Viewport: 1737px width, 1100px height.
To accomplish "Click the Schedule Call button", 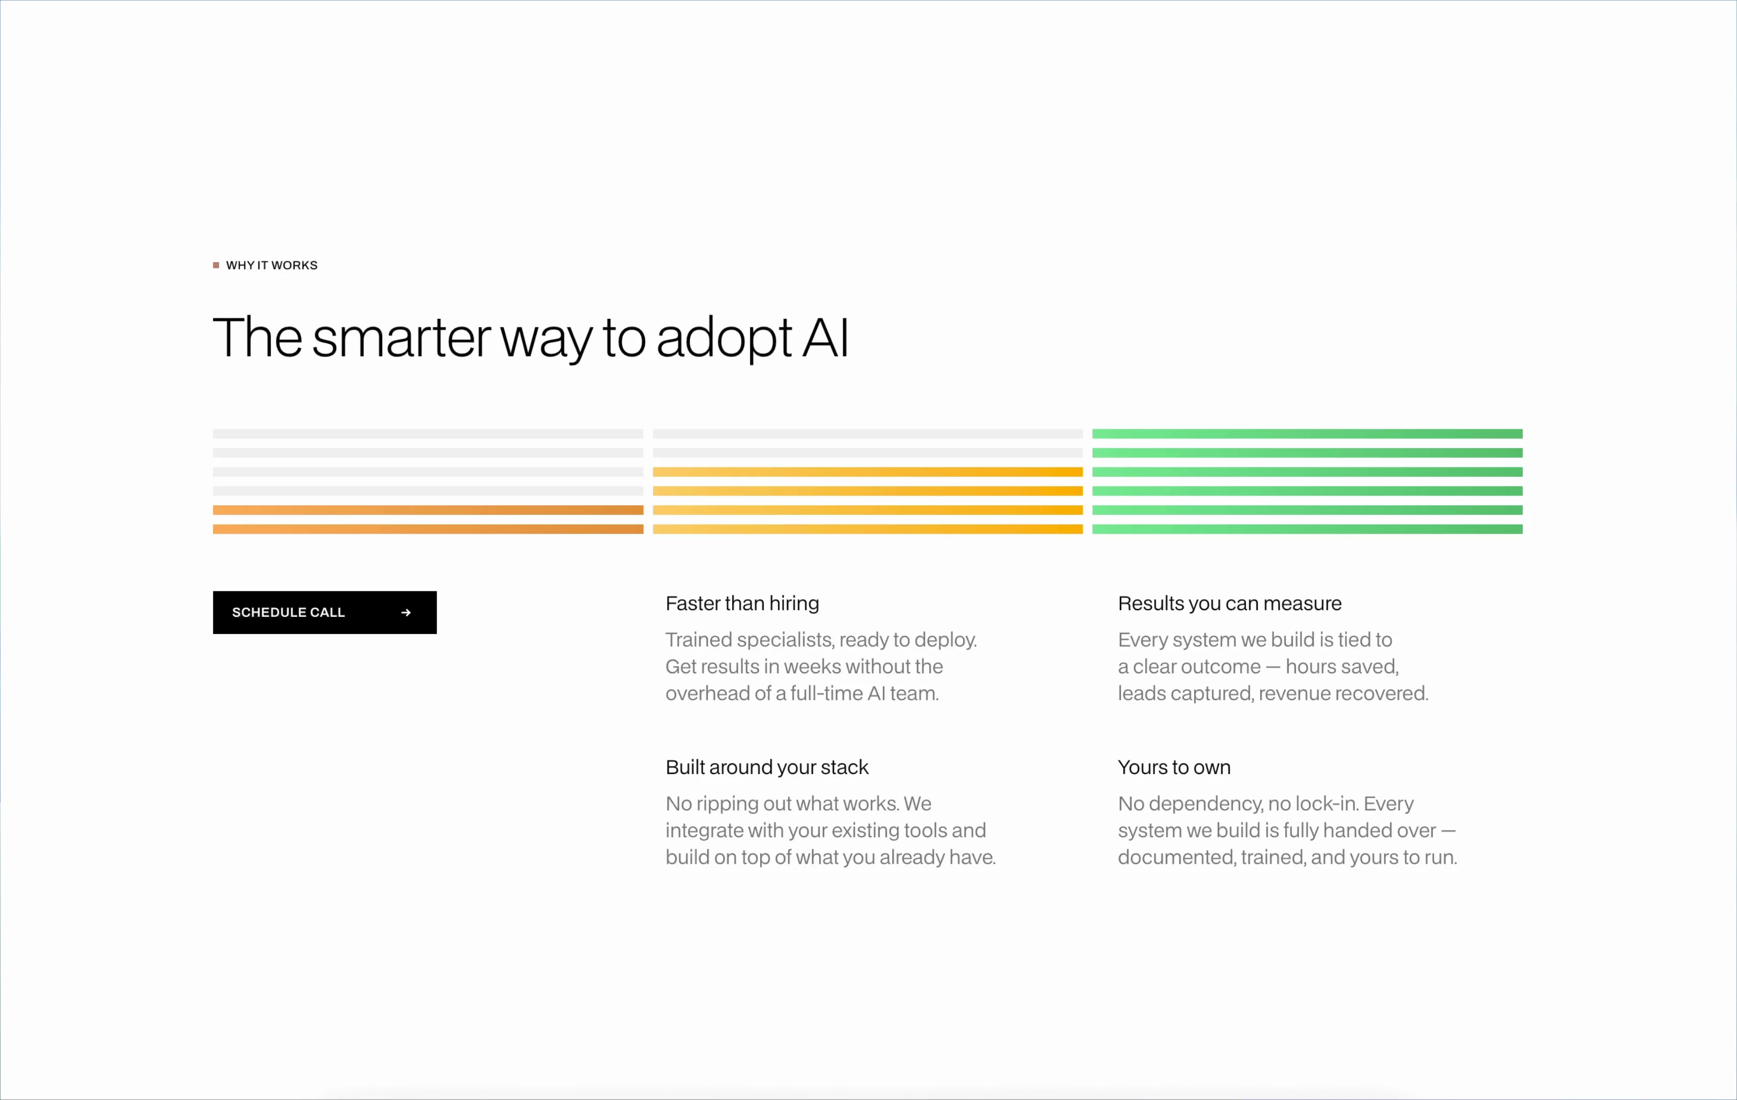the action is coord(325,612).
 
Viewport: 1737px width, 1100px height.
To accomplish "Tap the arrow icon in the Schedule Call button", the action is coord(406,612).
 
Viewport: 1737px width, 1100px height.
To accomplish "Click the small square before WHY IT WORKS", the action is coord(216,265).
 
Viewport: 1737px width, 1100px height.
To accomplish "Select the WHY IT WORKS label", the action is coord(272,265).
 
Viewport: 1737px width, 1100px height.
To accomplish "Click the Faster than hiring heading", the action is coord(742,603).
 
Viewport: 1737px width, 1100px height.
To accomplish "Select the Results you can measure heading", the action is coord(1230,603).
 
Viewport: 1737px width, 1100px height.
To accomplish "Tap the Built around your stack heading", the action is coord(767,767).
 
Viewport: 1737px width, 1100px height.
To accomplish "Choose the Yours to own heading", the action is coord(1174,767).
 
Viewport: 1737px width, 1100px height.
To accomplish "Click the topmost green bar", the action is coord(1307,434).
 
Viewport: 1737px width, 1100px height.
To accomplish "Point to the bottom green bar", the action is coord(1307,529).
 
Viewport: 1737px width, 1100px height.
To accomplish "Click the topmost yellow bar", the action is coord(868,472).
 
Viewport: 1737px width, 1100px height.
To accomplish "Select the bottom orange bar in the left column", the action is coord(428,529).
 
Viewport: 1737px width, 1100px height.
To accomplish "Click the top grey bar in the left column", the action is coord(428,434).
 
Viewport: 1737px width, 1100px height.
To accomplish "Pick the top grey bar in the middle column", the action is coord(868,434).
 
